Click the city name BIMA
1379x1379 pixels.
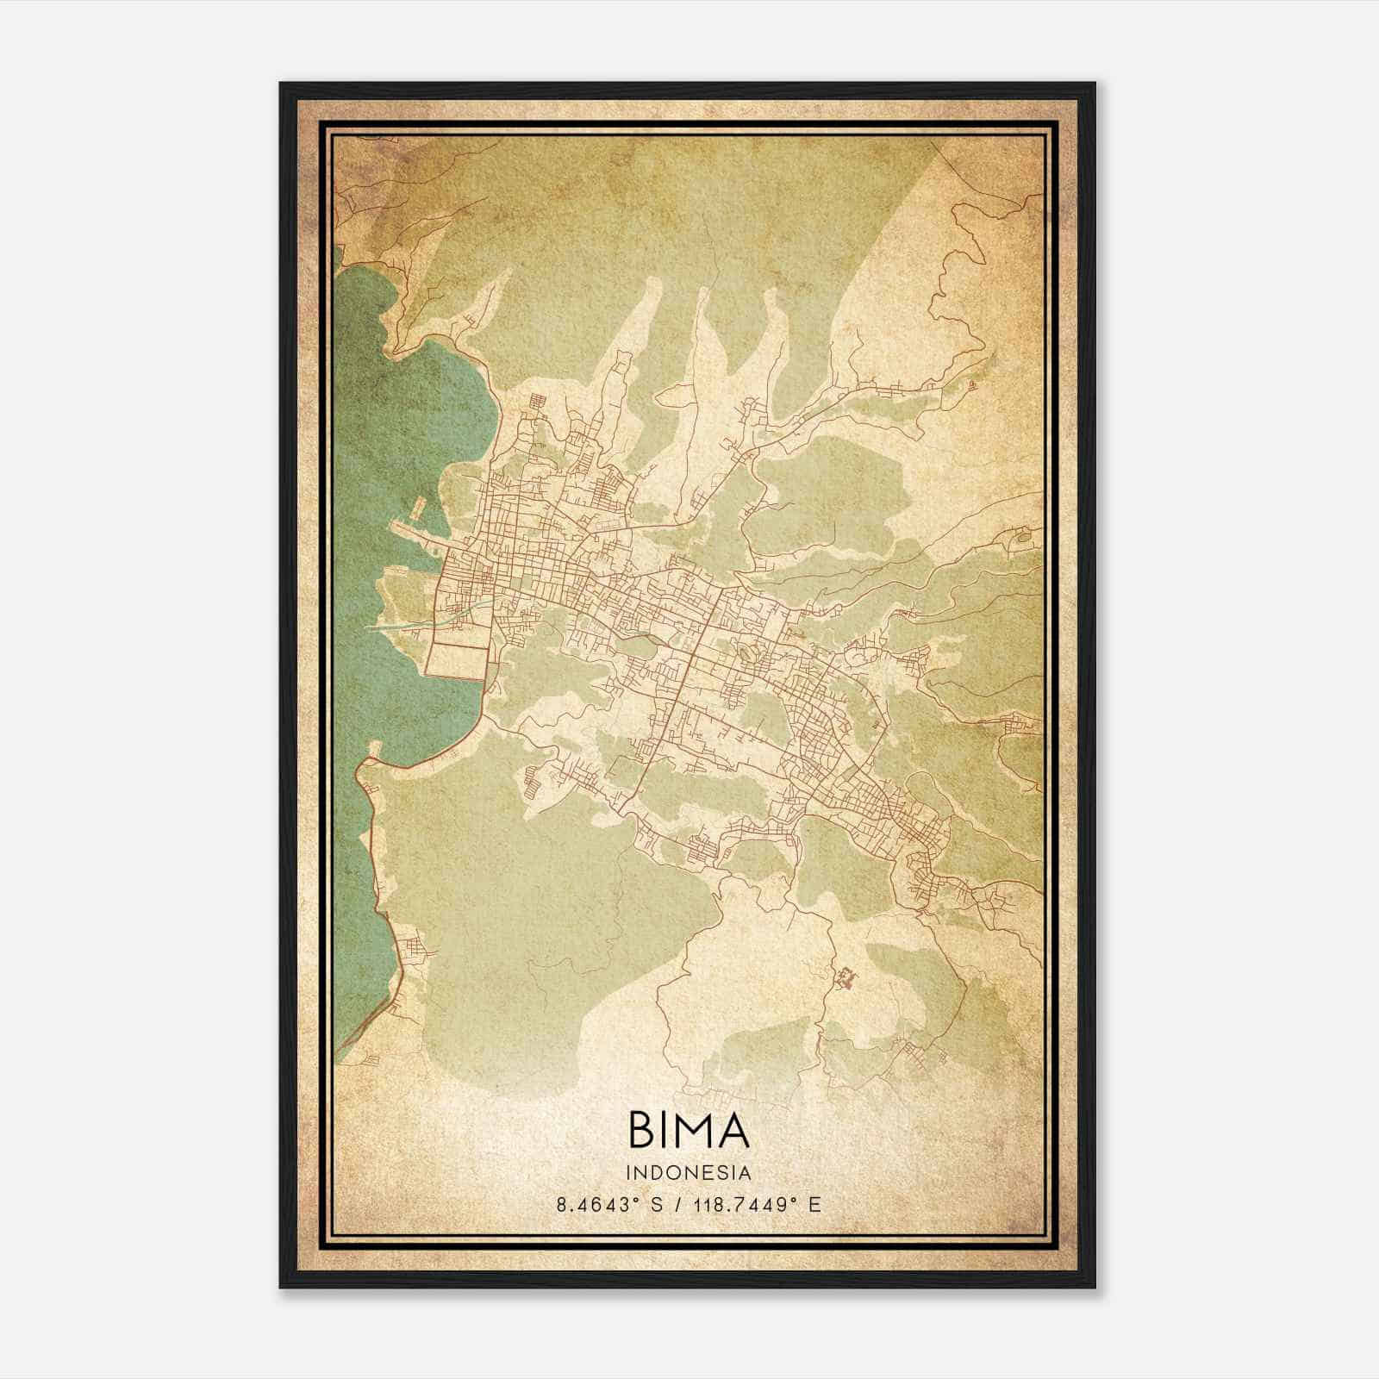click(x=689, y=1131)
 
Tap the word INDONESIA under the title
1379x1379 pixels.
click(x=689, y=1173)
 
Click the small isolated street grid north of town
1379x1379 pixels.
click(x=538, y=402)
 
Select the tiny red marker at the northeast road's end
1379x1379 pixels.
click(x=972, y=385)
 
